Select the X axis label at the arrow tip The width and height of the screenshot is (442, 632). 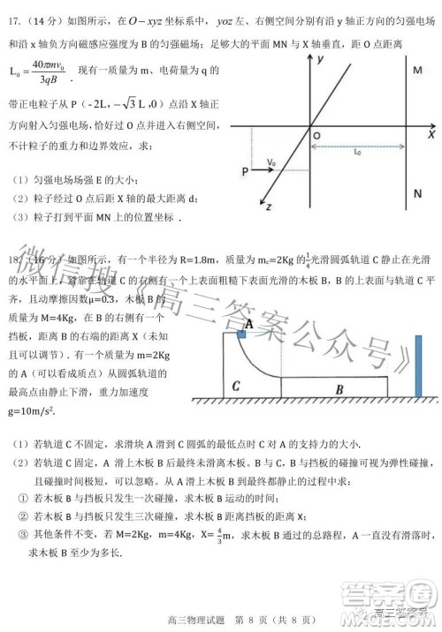click(431, 137)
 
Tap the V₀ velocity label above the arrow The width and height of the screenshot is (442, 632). click(271, 161)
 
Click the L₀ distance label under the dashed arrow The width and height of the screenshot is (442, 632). click(356, 152)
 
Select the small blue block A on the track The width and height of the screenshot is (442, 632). click(240, 335)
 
